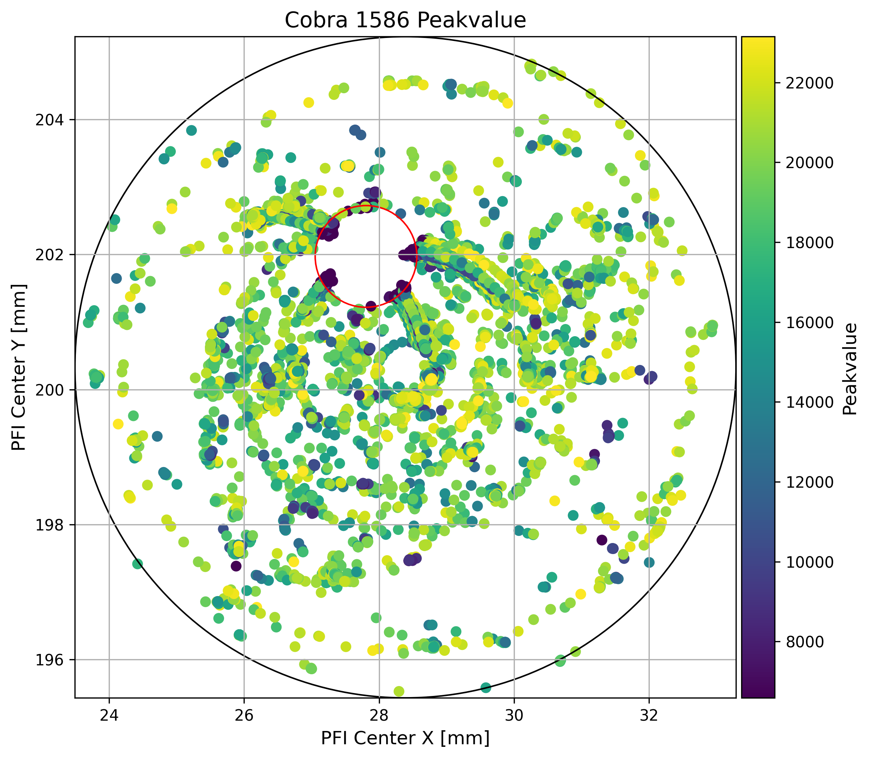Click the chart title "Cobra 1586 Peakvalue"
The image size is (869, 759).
pos(405,20)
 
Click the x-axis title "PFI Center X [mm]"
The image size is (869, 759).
pos(405,738)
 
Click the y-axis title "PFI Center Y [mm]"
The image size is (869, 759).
pos(19,367)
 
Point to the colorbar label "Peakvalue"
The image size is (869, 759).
pos(849,369)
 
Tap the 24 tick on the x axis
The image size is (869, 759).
pos(109,715)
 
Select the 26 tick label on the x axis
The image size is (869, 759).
pos(244,715)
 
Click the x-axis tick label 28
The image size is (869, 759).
pos(379,715)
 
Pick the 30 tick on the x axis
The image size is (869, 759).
pos(514,715)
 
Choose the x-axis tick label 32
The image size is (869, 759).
pos(649,715)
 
